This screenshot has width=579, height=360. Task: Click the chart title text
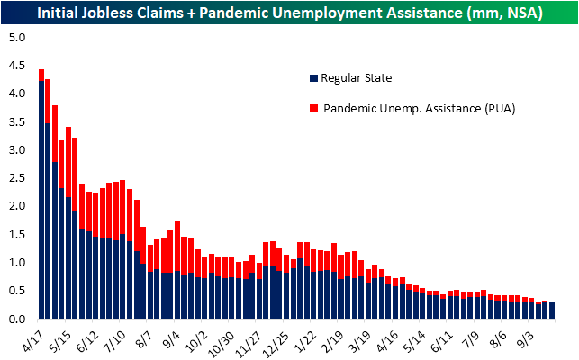[289, 13]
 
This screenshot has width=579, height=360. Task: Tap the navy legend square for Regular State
[312, 77]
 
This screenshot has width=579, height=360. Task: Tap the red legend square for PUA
[312, 108]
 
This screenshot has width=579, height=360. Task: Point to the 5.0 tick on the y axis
[19, 38]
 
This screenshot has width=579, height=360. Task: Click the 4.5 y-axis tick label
[19, 66]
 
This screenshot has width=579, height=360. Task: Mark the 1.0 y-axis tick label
[19, 263]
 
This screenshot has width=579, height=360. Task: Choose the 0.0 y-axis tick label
[19, 319]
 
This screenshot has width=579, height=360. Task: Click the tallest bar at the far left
[41, 193]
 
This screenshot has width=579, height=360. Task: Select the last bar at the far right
[552, 310]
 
